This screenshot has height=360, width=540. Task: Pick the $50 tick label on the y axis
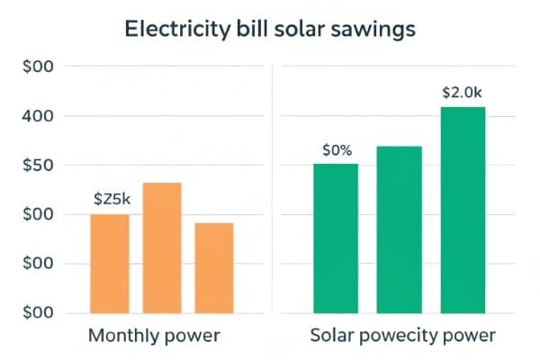(38, 166)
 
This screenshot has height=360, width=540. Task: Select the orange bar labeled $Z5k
(110, 264)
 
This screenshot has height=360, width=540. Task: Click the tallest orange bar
(162, 247)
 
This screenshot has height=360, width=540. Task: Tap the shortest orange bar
(214, 267)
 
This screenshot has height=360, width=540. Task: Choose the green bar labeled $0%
(336, 238)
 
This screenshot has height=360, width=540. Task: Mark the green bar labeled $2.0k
(463, 210)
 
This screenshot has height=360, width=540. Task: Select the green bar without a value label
(400, 229)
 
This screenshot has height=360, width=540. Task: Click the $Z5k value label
(111, 200)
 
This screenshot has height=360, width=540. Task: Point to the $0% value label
(336, 150)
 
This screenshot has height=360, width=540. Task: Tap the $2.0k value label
(463, 93)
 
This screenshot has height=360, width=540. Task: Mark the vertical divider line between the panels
(272, 189)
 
